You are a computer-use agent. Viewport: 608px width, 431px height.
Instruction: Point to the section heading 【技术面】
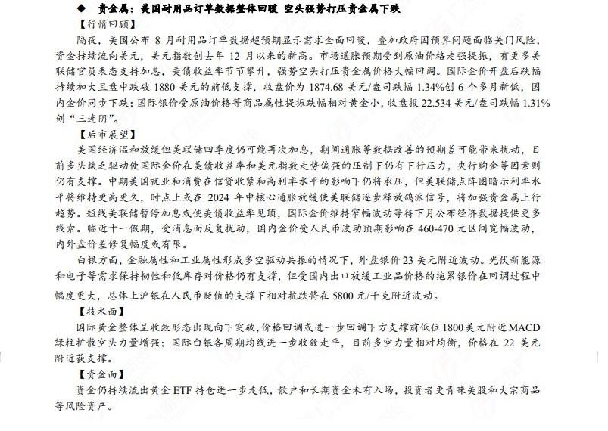coord(89,309)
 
